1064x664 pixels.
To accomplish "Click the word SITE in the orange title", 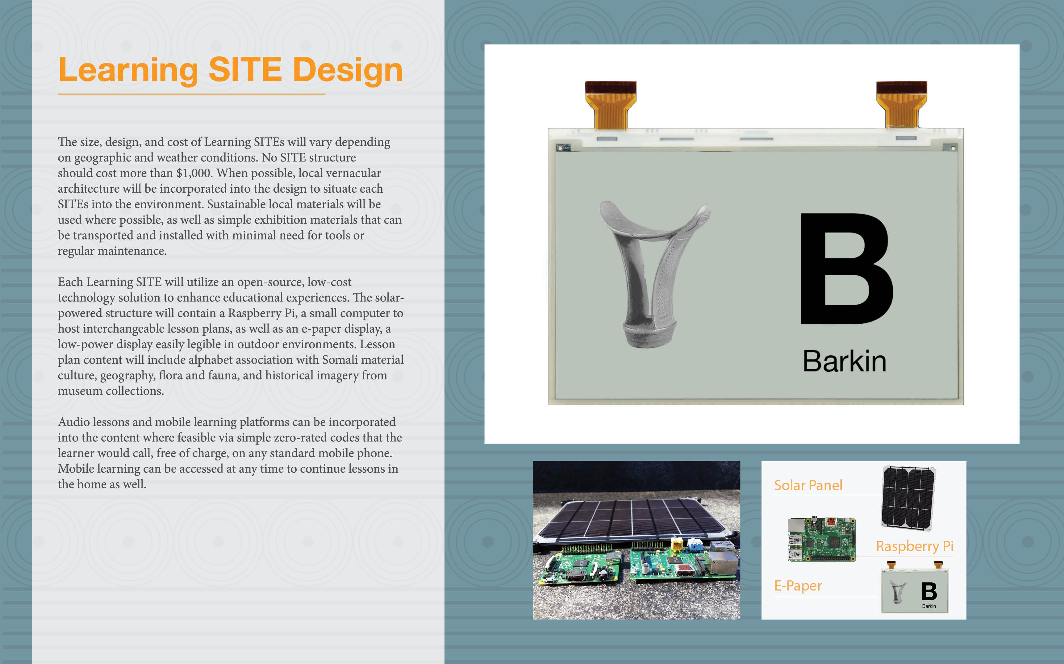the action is coord(245,69).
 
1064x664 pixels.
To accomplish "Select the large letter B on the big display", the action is coord(846,269).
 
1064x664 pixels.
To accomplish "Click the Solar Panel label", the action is coord(808,485).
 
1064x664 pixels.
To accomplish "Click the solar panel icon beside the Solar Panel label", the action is coord(908,498).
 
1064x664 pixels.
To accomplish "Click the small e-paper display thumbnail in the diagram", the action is coord(915,588).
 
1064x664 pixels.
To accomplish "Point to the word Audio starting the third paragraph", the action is coord(74,422).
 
